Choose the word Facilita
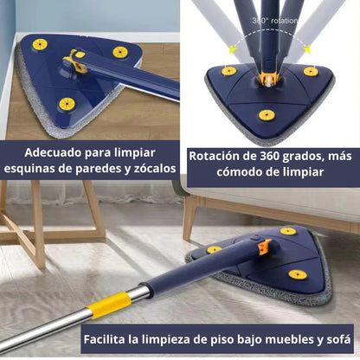click(112, 338)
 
